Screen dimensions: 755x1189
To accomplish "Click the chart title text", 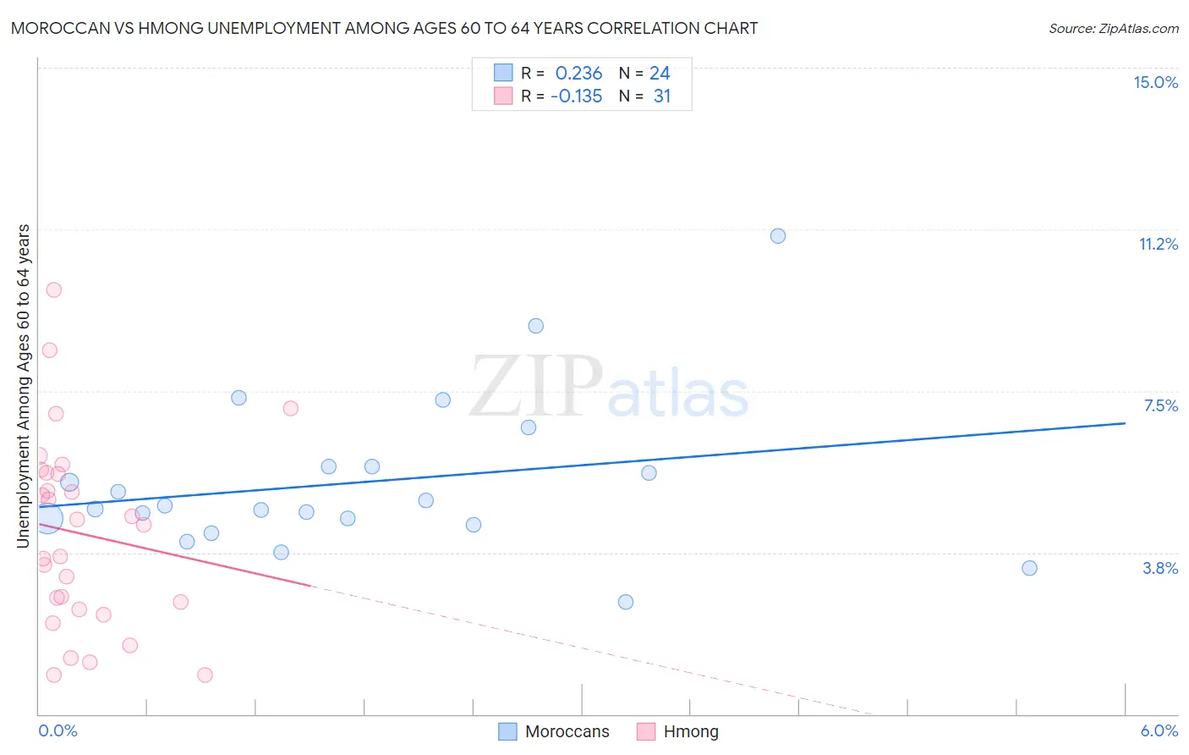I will (x=384, y=28).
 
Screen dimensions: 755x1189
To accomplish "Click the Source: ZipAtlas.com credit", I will (x=1113, y=28).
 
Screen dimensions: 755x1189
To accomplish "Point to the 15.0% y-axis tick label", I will (x=1155, y=82).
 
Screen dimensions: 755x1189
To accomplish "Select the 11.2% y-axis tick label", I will (x=1158, y=244).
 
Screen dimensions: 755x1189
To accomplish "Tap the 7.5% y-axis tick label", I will (x=1160, y=405).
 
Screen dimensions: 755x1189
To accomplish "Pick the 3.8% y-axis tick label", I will (x=1160, y=568).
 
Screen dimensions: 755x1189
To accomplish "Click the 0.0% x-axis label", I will (x=58, y=730).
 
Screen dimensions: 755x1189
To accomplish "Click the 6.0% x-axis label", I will (x=1159, y=730).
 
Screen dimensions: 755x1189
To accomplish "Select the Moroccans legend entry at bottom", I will (x=554, y=731).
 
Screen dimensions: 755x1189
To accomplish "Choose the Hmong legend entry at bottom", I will (x=677, y=731).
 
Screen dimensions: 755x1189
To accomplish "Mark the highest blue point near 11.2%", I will (x=778, y=236).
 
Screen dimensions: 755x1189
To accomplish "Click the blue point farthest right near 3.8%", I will (x=1029, y=568).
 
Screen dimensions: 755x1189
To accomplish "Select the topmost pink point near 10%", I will (x=53, y=289).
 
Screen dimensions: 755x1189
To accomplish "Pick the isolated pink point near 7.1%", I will (x=290, y=408).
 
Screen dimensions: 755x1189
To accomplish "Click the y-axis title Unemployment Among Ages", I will (x=24, y=386).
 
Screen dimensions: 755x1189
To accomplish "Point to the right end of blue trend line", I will (x=1125, y=423).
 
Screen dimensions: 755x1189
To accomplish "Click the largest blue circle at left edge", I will (x=47, y=518).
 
